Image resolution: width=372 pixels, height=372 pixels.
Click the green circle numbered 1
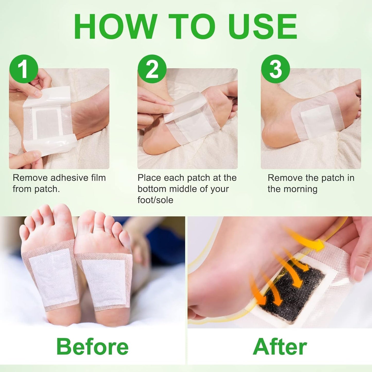tap(24, 69)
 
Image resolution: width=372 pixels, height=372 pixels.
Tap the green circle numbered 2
tap(152, 69)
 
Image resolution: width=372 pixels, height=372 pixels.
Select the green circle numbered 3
tap(275, 69)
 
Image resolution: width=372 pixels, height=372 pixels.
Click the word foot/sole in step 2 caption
tap(155, 200)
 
